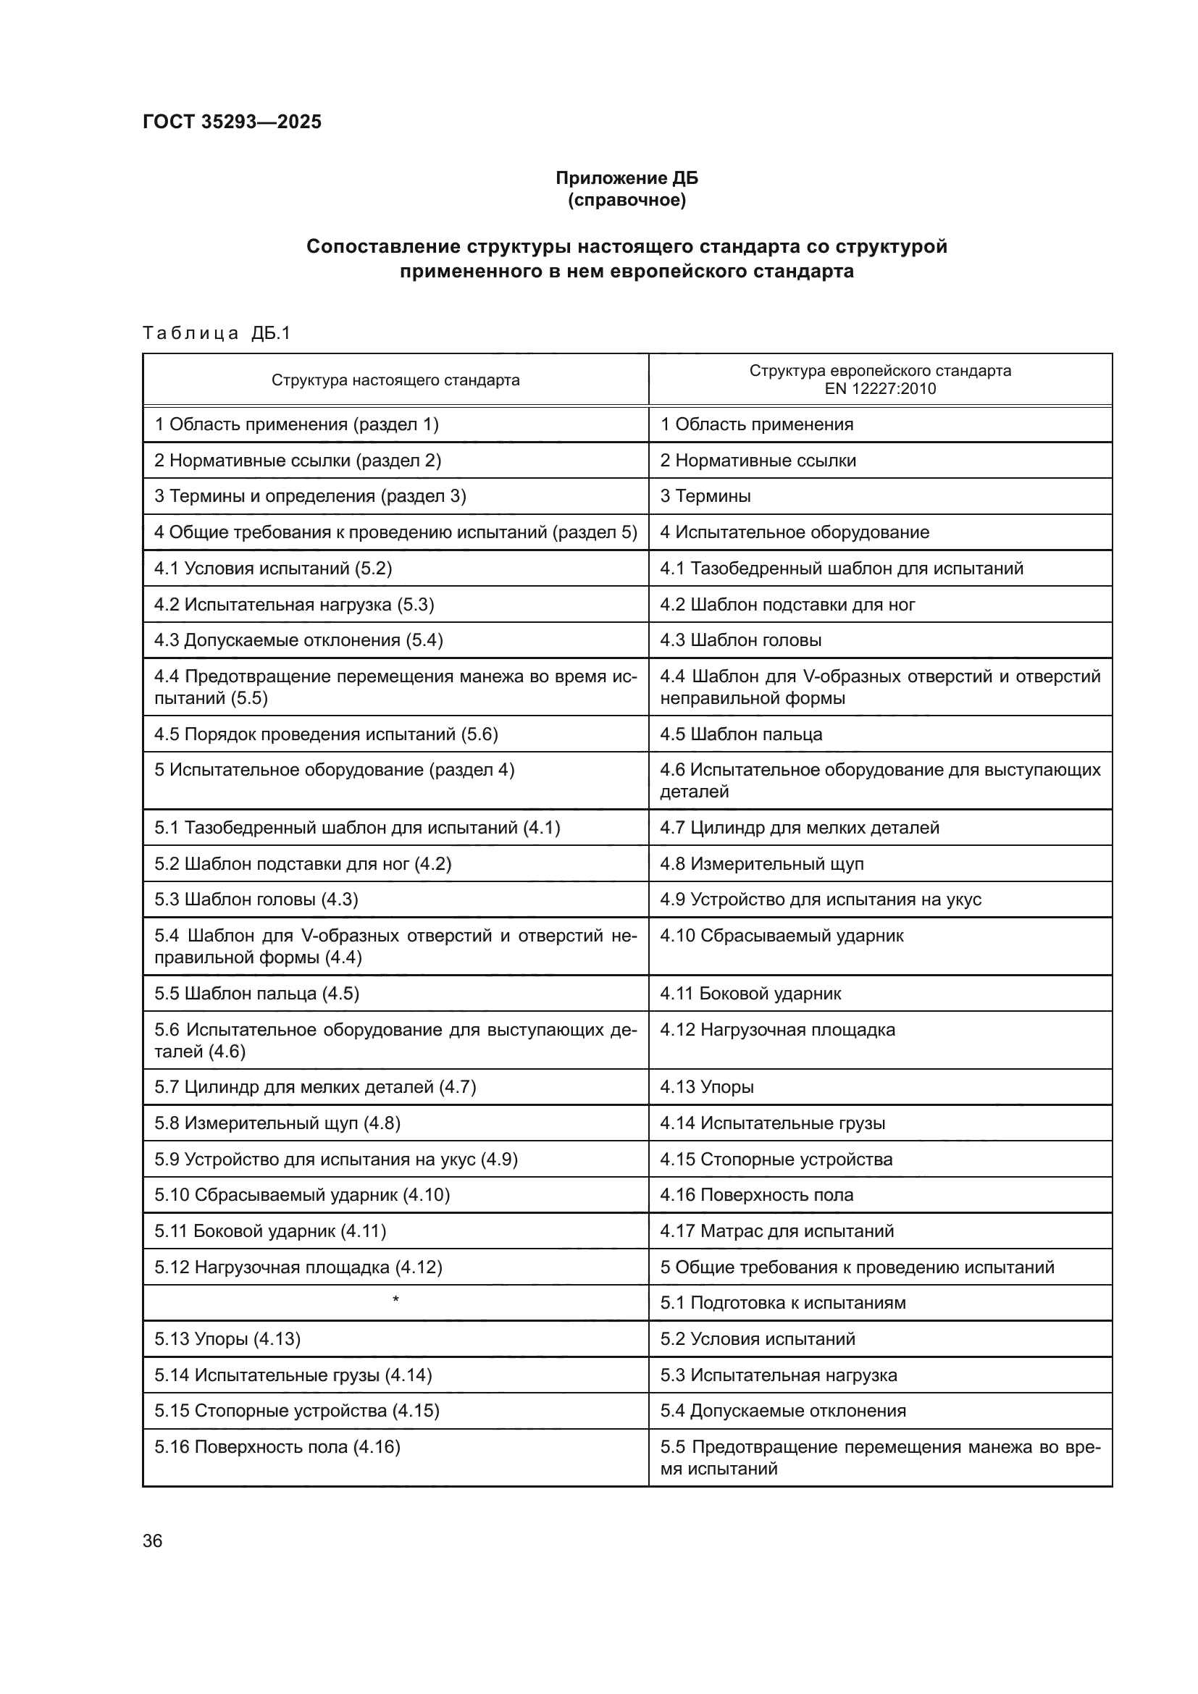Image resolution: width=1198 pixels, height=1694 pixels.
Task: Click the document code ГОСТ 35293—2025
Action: click(x=232, y=122)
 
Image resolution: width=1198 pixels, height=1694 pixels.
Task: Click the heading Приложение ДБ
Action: click(x=627, y=178)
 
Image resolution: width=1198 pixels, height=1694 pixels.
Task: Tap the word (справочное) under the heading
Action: click(x=627, y=200)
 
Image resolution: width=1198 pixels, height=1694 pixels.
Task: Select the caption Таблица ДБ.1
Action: click(x=216, y=333)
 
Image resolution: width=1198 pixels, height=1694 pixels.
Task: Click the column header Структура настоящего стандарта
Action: click(x=395, y=380)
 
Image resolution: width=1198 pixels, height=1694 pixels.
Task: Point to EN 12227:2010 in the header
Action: click(x=879, y=389)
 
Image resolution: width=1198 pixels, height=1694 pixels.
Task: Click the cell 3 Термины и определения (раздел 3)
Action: click(x=310, y=496)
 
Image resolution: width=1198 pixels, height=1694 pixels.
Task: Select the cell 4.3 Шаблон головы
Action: click(x=740, y=640)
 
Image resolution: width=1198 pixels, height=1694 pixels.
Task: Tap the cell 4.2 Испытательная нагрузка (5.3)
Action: click(x=293, y=605)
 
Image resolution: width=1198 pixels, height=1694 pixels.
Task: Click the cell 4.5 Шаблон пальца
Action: click(x=741, y=734)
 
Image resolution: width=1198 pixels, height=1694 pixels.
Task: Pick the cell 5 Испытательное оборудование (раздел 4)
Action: click(x=334, y=771)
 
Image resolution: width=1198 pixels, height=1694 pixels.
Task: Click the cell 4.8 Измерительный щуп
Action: click(x=761, y=863)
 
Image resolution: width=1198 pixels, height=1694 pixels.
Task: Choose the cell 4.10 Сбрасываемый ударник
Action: click(x=782, y=936)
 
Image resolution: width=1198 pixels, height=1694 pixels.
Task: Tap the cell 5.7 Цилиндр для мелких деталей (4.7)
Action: click(x=315, y=1087)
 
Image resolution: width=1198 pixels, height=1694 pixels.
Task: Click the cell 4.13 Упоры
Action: click(x=706, y=1087)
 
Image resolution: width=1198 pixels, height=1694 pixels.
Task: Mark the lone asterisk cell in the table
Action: click(x=395, y=1300)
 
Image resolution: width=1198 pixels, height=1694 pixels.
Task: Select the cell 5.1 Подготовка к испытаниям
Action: click(x=782, y=1303)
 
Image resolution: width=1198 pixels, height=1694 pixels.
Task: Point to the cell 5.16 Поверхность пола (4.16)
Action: click(x=277, y=1447)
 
